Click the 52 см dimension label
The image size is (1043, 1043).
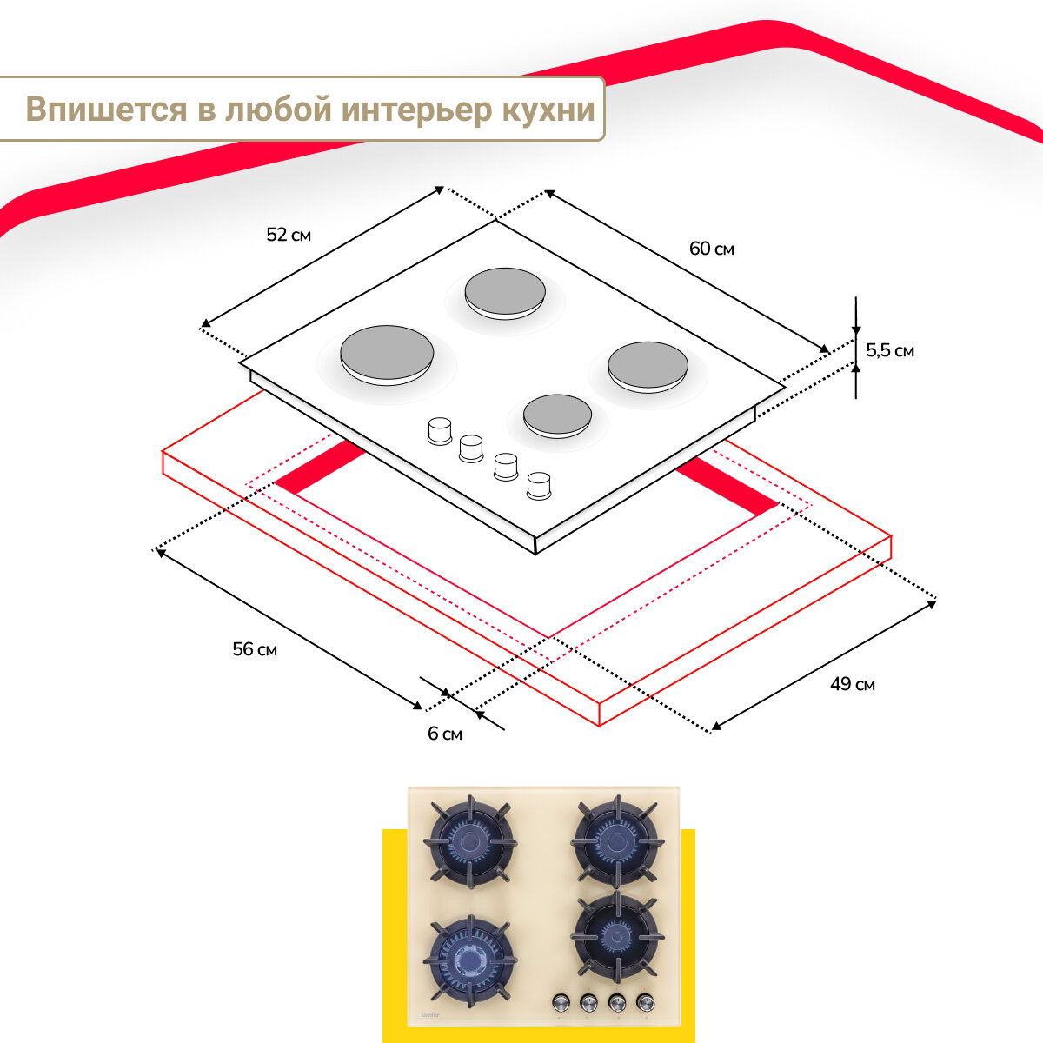point(289,235)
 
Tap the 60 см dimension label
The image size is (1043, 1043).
point(712,249)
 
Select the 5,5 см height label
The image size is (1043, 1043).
point(890,350)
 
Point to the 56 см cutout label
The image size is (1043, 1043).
point(255,649)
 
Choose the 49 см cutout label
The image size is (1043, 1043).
point(852,684)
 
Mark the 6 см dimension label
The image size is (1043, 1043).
point(445,734)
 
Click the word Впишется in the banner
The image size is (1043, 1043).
point(107,110)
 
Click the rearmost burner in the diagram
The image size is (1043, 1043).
point(505,292)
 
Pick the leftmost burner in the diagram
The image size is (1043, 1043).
point(387,354)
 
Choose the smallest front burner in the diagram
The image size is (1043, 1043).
point(558,415)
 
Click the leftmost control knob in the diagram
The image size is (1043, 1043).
point(441,430)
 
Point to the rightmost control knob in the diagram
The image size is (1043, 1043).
point(539,485)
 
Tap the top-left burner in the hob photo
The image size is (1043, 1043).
point(470,841)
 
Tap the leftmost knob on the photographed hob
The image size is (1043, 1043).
point(561,1003)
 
